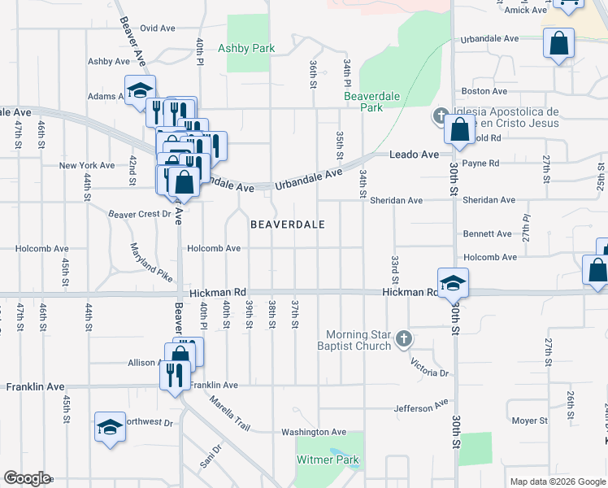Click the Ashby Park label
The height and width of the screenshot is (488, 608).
click(x=247, y=48)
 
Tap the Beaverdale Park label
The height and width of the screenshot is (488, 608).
click(x=363, y=102)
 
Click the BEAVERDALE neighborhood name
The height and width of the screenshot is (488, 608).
click(x=287, y=224)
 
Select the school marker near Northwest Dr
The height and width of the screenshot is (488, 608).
click(x=110, y=427)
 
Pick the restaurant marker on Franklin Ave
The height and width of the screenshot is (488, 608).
click(x=175, y=375)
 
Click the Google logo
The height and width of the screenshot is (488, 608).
click(x=27, y=478)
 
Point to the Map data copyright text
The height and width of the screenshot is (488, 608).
click(x=557, y=481)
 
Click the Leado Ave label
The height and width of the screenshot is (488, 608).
click(x=414, y=155)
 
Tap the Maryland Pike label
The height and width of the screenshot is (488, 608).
click(x=151, y=263)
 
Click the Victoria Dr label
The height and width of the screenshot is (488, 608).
click(x=430, y=367)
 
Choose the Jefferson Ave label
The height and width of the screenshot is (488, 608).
click(x=421, y=405)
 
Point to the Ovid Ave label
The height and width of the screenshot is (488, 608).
click(x=157, y=28)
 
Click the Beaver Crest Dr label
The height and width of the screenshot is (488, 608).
click(x=140, y=215)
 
